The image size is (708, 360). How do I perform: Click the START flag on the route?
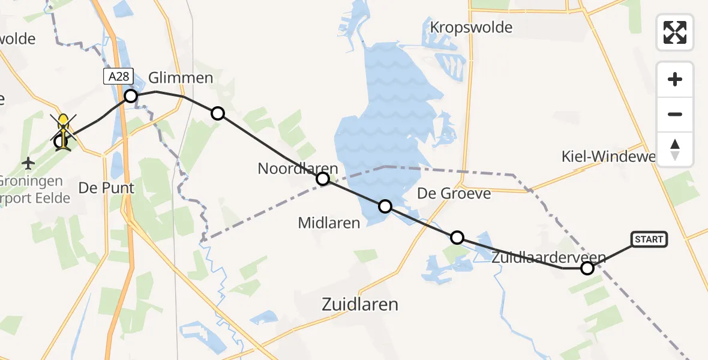pyautogui.click(x=649, y=239)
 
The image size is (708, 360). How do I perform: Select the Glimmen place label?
pyautogui.click(x=181, y=78)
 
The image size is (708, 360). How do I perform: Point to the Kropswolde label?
pyautogui.click(x=471, y=28)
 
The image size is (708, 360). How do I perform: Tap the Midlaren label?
pyautogui.click(x=329, y=223)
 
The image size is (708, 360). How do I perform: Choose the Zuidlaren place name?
pyautogui.click(x=360, y=304)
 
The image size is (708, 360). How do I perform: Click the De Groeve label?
pyautogui.click(x=454, y=193)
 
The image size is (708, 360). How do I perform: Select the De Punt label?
pyautogui.click(x=106, y=188)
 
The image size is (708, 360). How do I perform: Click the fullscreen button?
pyautogui.click(x=675, y=32)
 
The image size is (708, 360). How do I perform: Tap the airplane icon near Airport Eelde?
pyautogui.click(x=28, y=162)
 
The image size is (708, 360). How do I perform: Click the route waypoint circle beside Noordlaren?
pyautogui.click(x=323, y=179)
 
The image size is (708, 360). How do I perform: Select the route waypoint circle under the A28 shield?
pyautogui.click(x=131, y=96)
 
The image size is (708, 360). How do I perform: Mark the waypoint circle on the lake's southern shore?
pyautogui.click(x=385, y=207)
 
